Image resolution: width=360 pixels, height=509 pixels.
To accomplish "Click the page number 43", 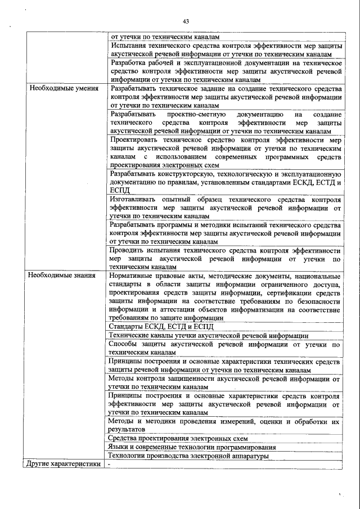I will (x=186, y=21).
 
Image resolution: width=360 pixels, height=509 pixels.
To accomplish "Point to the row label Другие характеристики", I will (x=62, y=464).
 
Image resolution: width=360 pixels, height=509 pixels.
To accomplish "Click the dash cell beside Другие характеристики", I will (x=110, y=464).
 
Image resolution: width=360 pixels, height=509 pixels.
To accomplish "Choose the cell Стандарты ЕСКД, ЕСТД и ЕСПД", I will (x=161, y=326).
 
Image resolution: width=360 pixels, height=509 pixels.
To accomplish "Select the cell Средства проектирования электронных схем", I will (x=178, y=438).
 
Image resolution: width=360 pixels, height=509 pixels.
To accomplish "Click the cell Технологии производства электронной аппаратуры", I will (x=188, y=456).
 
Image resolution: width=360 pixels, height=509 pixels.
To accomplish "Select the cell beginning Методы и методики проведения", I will (x=224, y=425).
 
